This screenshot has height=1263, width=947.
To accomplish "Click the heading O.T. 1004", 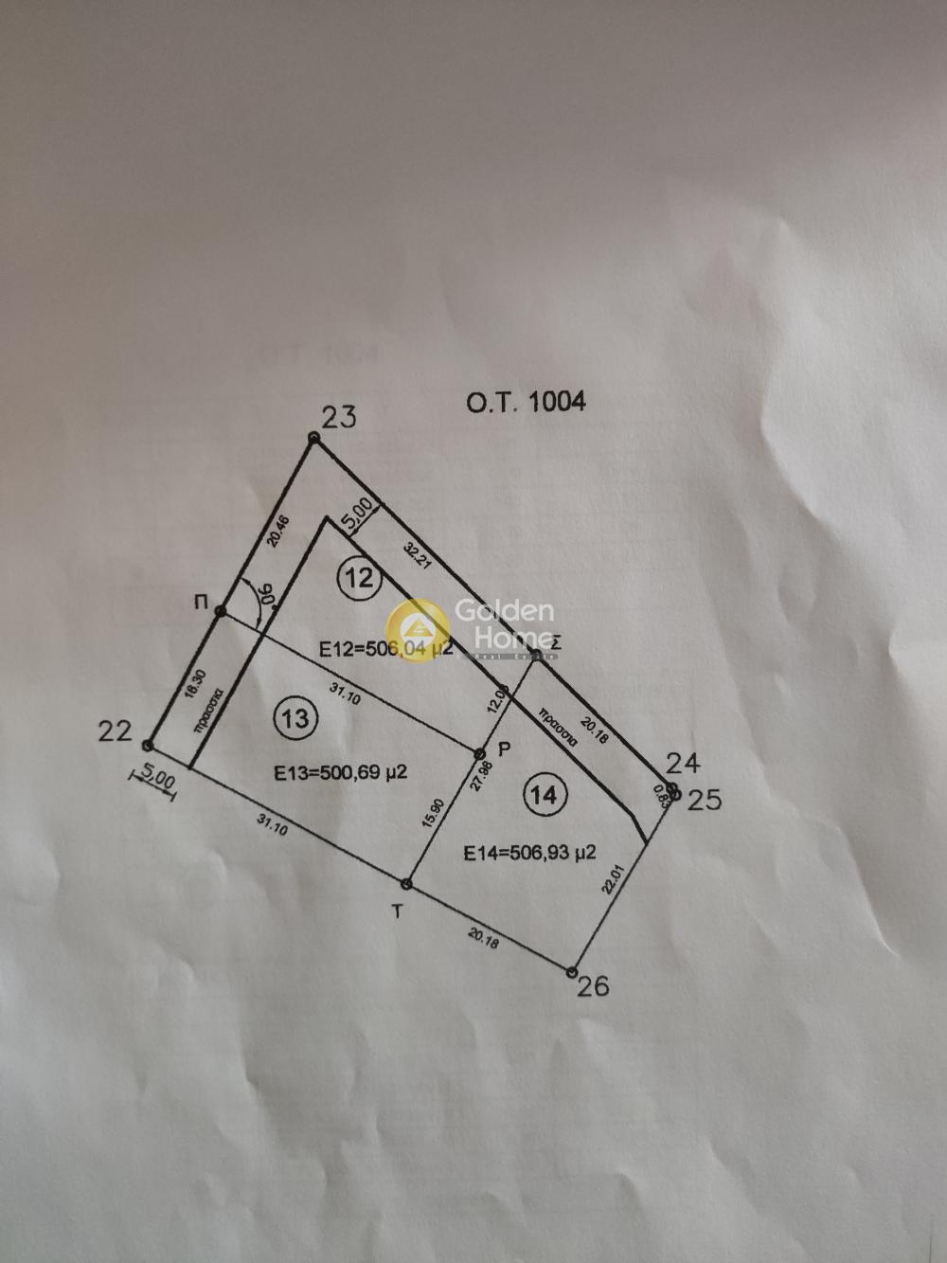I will pyautogui.click(x=526, y=401).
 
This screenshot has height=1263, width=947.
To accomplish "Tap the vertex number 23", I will pyautogui.click(x=339, y=417).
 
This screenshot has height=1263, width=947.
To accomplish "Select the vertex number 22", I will pyautogui.click(x=115, y=731).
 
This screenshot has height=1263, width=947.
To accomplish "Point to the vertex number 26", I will pyautogui.click(x=594, y=986).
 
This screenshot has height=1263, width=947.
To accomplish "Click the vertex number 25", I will pyautogui.click(x=704, y=800).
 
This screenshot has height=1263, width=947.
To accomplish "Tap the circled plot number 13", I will pyautogui.click(x=295, y=717).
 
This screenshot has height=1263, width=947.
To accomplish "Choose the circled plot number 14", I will pyautogui.click(x=544, y=794).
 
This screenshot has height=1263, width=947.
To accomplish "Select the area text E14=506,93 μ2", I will pyautogui.click(x=529, y=853).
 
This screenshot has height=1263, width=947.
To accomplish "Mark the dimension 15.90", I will pyautogui.click(x=437, y=815).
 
